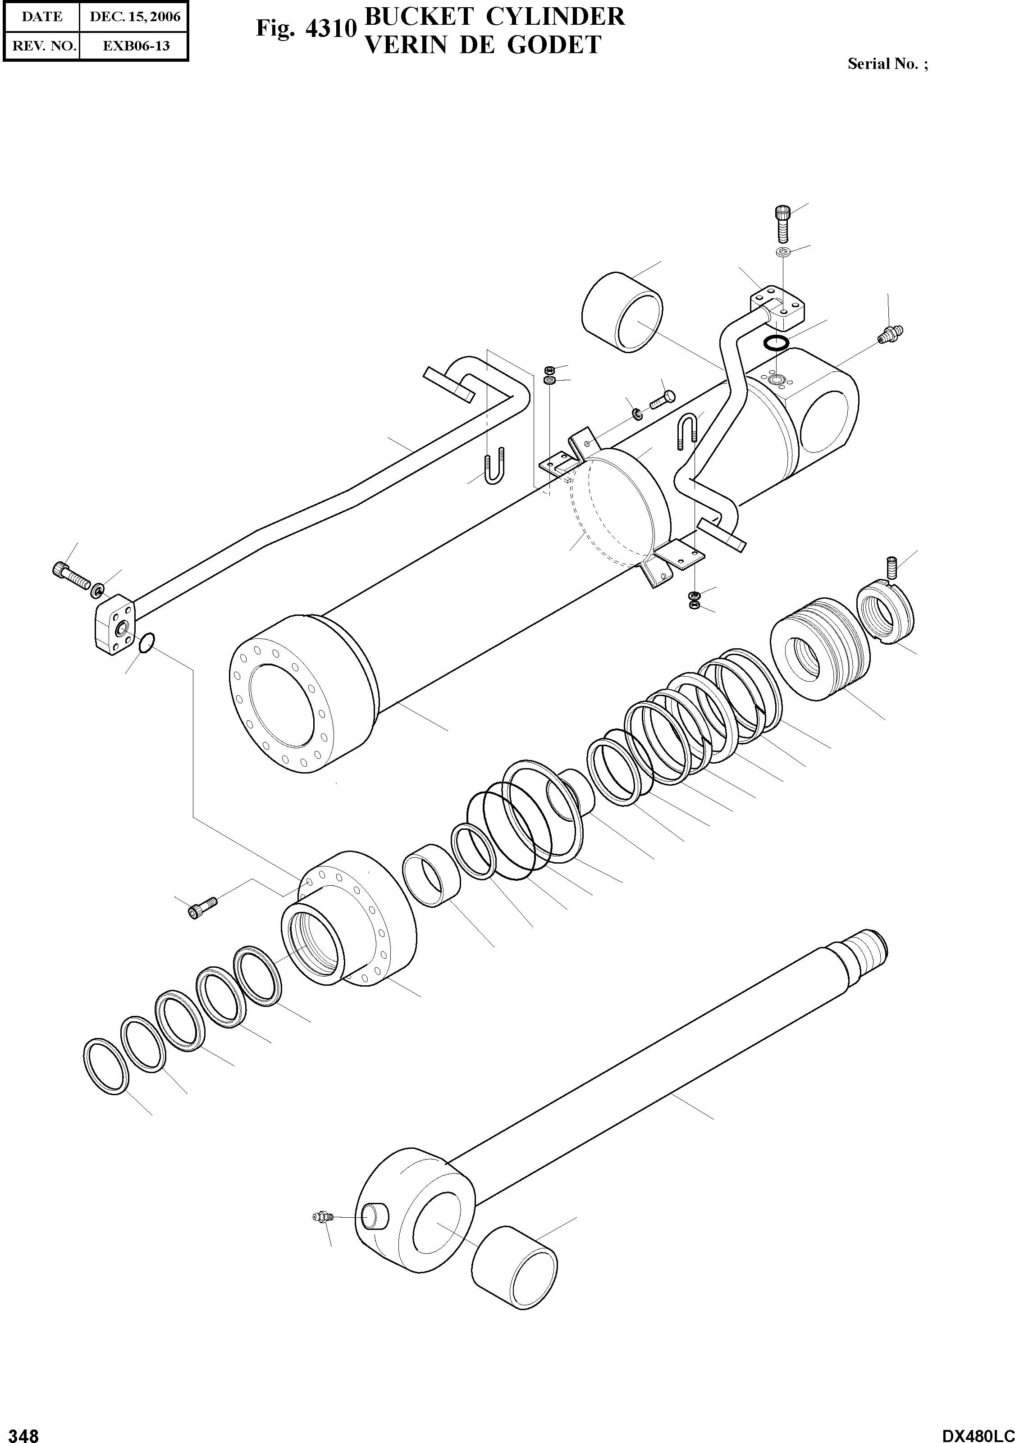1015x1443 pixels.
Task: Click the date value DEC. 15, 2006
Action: click(135, 17)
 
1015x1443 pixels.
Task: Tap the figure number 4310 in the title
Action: click(331, 29)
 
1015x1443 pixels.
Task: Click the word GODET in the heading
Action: click(554, 45)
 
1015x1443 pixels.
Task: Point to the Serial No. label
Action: click(887, 64)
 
